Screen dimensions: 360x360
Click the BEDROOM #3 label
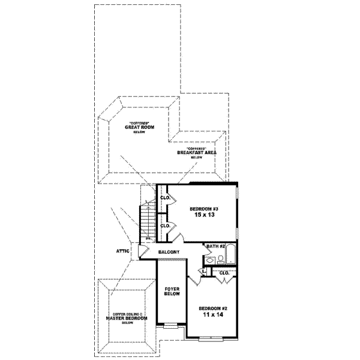click(200, 208)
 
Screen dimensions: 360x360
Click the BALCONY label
click(170, 252)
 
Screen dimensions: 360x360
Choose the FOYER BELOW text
click(172, 292)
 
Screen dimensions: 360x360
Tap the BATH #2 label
click(215, 246)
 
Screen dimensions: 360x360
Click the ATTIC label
click(125, 252)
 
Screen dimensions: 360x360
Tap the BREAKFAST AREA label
click(197, 152)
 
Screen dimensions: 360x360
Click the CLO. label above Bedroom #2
click(224, 273)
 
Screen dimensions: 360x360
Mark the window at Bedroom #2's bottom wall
click(213, 340)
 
